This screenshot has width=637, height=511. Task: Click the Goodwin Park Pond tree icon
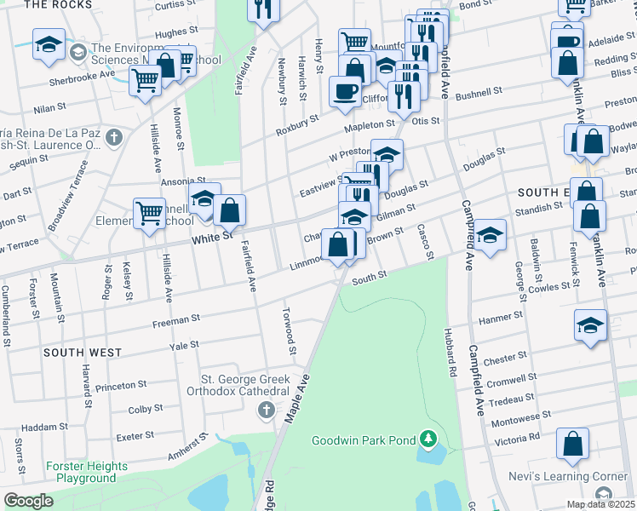pyautogui.click(x=429, y=440)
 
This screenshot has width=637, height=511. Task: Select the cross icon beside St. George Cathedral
pyautogui.click(x=266, y=411)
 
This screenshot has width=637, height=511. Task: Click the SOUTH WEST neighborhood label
pyautogui.click(x=83, y=352)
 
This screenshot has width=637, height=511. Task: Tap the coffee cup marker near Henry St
pyautogui.click(x=345, y=91)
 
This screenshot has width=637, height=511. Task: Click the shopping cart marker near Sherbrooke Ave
pyautogui.click(x=146, y=82)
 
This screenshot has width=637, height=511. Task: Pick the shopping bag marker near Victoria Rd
pyautogui.click(x=573, y=444)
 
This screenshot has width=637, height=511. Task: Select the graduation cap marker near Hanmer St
pyautogui.click(x=591, y=325)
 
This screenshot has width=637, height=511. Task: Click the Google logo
pyautogui.click(x=28, y=501)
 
